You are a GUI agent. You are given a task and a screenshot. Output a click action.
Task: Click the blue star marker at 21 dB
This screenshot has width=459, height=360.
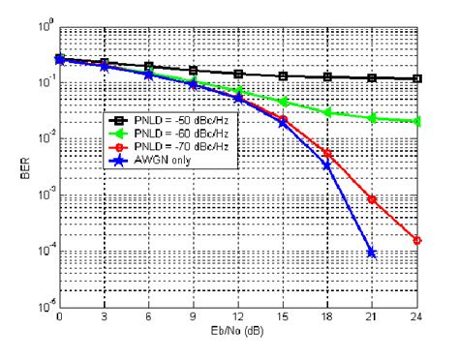[x=371, y=253]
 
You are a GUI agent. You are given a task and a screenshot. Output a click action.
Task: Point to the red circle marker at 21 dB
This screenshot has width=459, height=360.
[x=372, y=199]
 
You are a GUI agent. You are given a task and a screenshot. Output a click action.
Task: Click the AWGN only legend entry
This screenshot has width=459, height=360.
[x=174, y=158]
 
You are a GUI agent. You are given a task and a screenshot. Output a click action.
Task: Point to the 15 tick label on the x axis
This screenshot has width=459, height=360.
[x=283, y=317]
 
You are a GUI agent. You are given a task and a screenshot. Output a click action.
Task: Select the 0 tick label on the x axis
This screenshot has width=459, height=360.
[x=60, y=317]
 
